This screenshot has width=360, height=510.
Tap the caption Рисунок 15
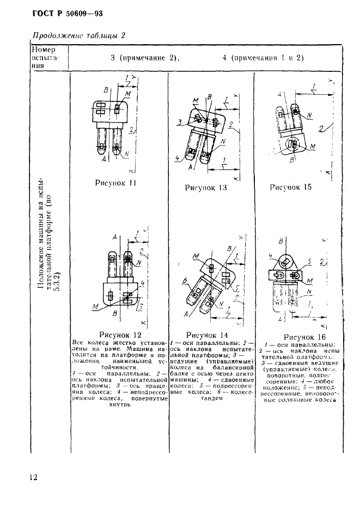click(290, 186)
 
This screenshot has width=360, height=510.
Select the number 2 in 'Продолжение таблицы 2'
click(123, 37)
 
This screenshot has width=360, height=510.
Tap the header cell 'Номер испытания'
click(48, 57)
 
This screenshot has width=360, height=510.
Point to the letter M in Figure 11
click(127, 94)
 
